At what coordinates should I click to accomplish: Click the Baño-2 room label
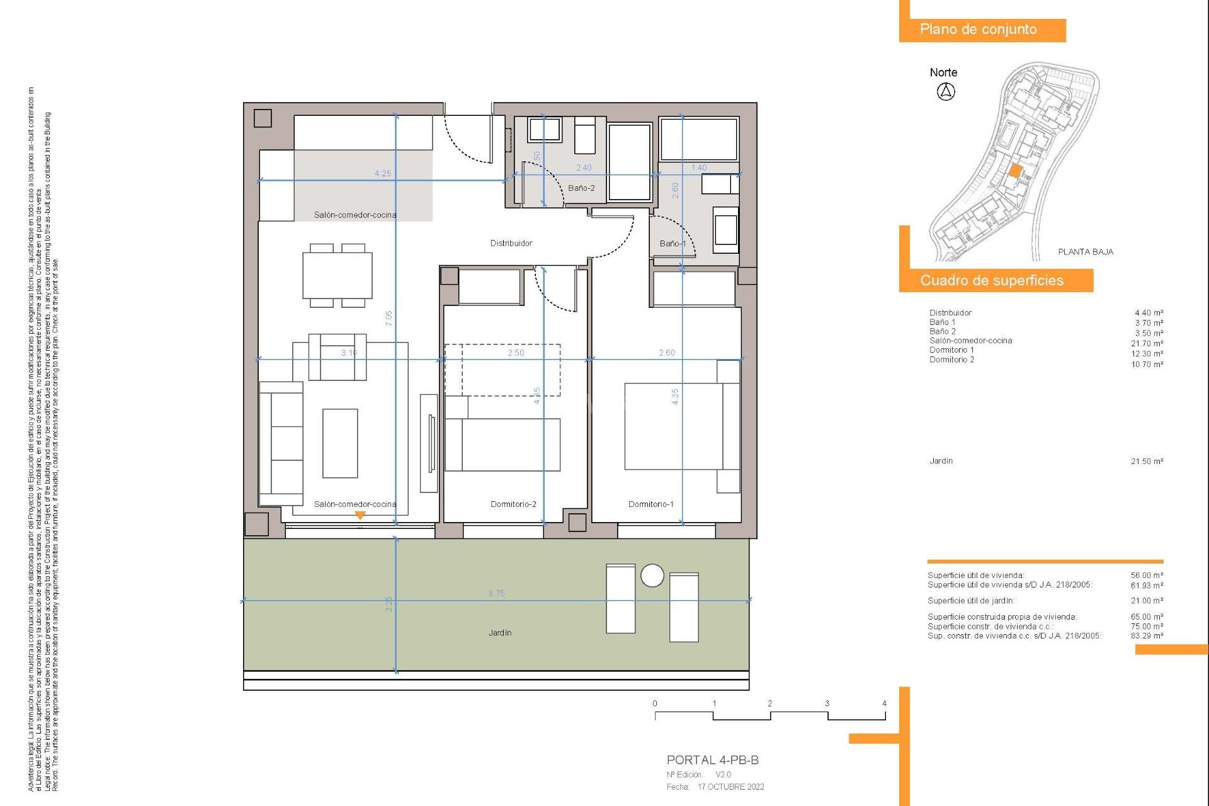click(x=581, y=188)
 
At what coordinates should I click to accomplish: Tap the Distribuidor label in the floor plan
click(x=511, y=243)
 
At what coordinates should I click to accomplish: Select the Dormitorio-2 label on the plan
click(x=513, y=504)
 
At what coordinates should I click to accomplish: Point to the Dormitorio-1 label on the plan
click(x=650, y=504)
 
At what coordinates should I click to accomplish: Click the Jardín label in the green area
click(x=500, y=632)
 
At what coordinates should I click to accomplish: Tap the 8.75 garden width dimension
click(x=496, y=593)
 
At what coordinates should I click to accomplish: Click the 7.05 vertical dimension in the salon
click(x=389, y=318)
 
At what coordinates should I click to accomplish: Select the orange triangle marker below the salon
click(x=360, y=515)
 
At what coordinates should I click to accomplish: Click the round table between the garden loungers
click(x=652, y=575)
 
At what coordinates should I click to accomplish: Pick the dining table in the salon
click(x=338, y=276)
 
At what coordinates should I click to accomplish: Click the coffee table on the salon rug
click(x=340, y=443)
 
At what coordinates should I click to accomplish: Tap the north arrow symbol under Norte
click(x=945, y=92)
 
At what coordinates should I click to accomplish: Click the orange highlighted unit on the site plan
click(x=1015, y=170)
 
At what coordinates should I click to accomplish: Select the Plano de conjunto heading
click(x=978, y=30)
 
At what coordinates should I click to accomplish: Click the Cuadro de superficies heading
click(x=992, y=280)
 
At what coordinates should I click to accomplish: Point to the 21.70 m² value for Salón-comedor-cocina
click(x=1147, y=343)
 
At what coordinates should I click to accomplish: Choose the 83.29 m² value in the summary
click(x=1147, y=636)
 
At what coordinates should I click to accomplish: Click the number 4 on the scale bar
click(x=884, y=703)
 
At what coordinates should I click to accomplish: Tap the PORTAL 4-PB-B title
click(x=712, y=760)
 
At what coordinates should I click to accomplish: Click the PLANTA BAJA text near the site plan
click(x=1086, y=252)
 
